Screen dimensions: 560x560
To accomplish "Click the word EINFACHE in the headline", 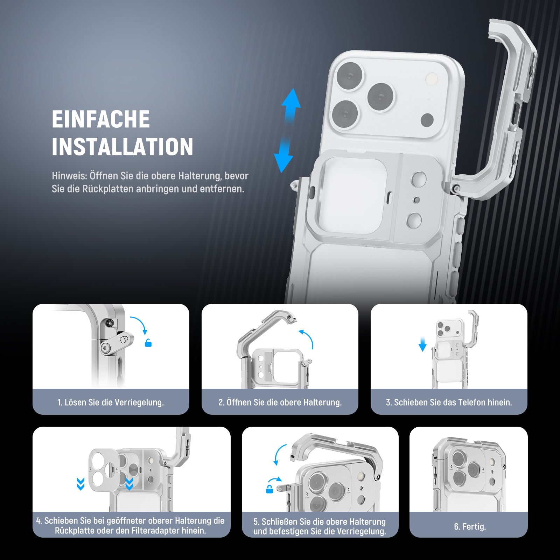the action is (x=101, y=119).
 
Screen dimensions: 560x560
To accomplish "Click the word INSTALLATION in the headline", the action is (x=122, y=147).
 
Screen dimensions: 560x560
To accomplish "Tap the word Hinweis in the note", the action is (x=69, y=176).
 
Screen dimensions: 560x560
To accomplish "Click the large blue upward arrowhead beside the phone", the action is (x=291, y=98).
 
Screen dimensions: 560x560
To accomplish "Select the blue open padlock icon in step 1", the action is (x=148, y=343).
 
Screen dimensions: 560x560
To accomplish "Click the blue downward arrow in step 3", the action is (x=422, y=344).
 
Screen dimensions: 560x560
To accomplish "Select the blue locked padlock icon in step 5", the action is (x=269, y=489).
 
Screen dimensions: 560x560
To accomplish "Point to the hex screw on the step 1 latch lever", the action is (x=106, y=347).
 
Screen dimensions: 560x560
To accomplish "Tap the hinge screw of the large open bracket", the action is (x=456, y=189).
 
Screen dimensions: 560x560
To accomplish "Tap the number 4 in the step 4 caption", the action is (x=38, y=521).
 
